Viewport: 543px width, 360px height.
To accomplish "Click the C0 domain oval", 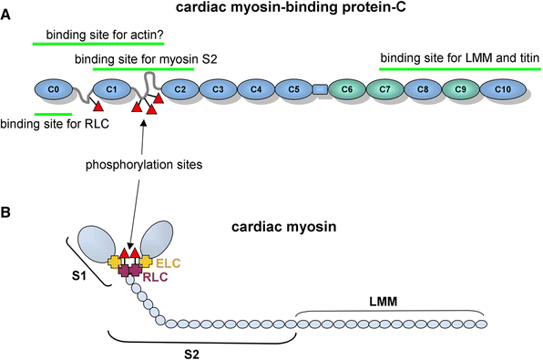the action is [x=54, y=89].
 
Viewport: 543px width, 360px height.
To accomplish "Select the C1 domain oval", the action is [x=111, y=89].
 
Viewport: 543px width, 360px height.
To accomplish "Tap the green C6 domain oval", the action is [x=347, y=89].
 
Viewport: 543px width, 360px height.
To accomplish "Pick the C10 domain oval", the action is [x=503, y=89].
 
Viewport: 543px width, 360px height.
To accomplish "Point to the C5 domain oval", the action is [x=293, y=89].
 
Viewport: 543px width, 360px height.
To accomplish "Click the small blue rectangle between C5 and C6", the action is [x=321, y=89].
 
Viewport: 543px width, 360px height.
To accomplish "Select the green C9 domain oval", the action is [x=461, y=89].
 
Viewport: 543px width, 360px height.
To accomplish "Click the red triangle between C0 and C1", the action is [x=98, y=106].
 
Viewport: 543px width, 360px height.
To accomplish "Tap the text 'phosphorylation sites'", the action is [x=144, y=165].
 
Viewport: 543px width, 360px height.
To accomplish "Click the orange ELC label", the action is [x=169, y=263].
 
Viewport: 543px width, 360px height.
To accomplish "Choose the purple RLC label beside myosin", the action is [x=156, y=277].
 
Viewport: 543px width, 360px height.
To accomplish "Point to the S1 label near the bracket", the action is [x=79, y=276].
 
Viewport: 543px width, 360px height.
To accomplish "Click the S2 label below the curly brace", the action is [x=191, y=355].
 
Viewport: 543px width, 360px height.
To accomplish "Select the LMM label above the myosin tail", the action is [x=383, y=302].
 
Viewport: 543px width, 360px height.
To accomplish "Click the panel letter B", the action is [x=5, y=212].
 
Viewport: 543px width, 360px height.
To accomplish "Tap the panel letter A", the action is [x=5, y=15].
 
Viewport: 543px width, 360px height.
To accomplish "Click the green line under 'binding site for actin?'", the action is [x=98, y=44].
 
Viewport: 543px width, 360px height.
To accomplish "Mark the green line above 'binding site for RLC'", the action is [x=54, y=114].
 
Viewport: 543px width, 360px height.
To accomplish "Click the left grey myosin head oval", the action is [x=97, y=244].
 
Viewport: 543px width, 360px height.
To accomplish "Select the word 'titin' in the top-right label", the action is [x=528, y=57].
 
